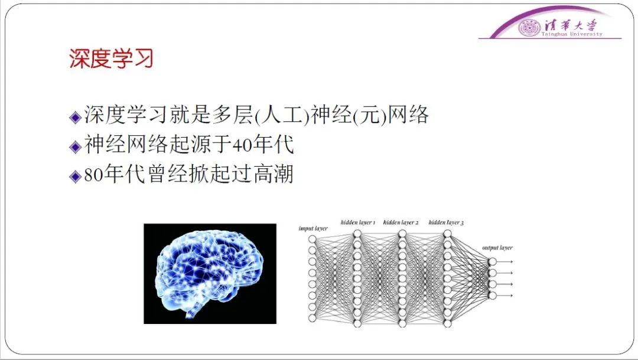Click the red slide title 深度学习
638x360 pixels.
[x=111, y=59]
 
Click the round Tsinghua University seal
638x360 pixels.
[x=529, y=27]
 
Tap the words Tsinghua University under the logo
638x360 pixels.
[x=572, y=34]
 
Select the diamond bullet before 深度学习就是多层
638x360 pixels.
[x=76, y=117]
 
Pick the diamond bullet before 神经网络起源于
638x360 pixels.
[x=76, y=147]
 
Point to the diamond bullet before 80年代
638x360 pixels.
[x=76, y=176]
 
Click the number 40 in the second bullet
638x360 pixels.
[x=243, y=145]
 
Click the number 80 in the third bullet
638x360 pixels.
[x=94, y=175]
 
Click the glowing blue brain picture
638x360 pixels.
[x=210, y=274]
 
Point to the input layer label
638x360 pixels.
[x=313, y=228]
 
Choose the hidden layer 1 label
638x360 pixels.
[x=358, y=222]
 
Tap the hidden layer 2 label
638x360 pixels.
[x=401, y=222]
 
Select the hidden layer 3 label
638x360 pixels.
[x=446, y=222]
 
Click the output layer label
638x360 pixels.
[x=497, y=248]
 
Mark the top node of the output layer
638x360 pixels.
[x=492, y=261]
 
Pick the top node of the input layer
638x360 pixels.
[x=312, y=239]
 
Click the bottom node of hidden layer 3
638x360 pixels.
[x=447, y=324]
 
